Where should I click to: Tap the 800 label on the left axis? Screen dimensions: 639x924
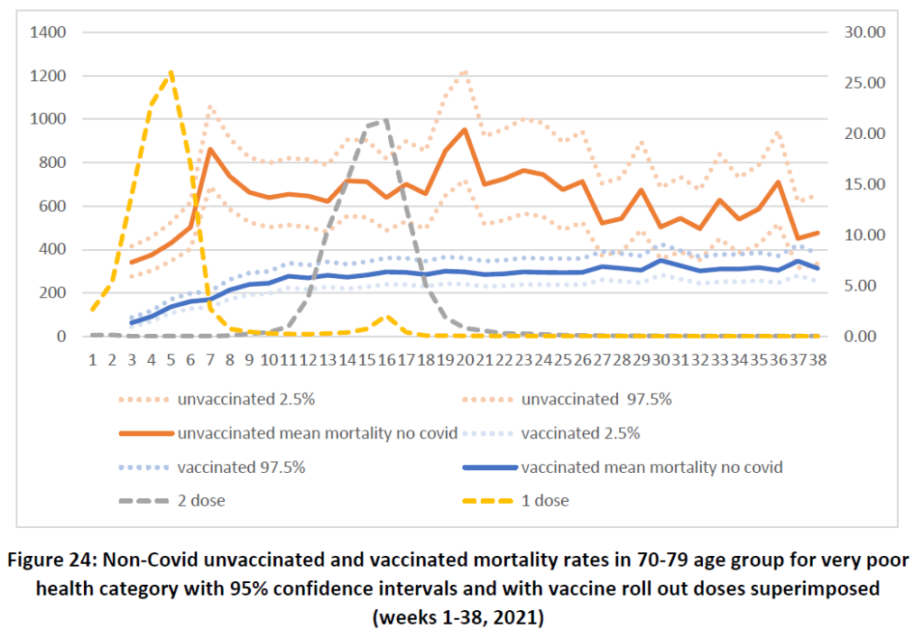click(x=52, y=162)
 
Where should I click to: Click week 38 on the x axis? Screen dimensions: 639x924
click(x=817, y=359)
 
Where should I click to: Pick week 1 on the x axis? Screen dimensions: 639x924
click(x=93, y=359)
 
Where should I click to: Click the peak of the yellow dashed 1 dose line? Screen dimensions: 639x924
click(x=171, y=72)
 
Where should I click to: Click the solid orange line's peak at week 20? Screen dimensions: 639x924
click(x=465, y=130)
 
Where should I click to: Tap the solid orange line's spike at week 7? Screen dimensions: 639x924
click(x=209, y=150)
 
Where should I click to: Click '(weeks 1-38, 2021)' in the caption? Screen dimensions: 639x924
click(x=462, y=618)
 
